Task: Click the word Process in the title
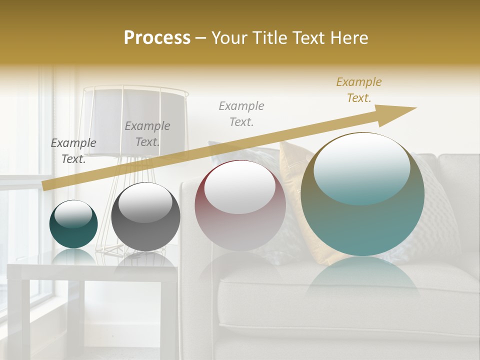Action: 157,38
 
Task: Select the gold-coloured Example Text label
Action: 358,90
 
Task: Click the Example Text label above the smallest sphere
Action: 73,151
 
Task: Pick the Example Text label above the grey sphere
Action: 147,134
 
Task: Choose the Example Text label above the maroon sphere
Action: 241,113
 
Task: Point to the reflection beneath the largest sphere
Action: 362,280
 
